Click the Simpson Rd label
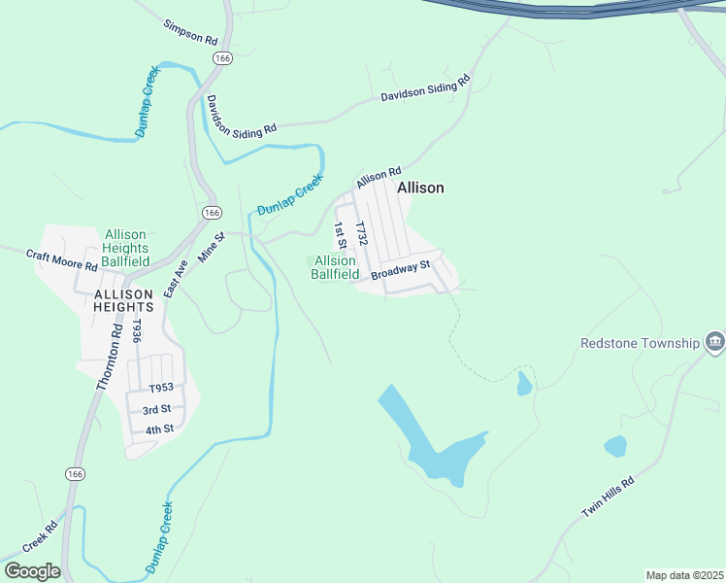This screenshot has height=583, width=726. click(191, 33)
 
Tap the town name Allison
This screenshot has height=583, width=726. click(420, 188)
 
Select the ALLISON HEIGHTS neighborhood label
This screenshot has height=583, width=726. click(123, 300)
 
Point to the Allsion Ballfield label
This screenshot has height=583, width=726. click(335, 267)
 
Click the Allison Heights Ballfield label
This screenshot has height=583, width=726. click(126, 249)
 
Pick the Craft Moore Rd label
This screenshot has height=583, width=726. click(62, 259)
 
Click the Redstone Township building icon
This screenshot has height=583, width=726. click(715, 342)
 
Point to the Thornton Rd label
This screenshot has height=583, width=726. click(109, 357)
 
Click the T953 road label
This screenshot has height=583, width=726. click(160, 388)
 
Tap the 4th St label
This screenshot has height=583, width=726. click(158, 429)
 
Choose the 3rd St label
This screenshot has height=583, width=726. click(157, 409)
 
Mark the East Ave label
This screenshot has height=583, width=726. click(175, 278)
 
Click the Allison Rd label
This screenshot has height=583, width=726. click(379, 177)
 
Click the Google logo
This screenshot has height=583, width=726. click(32, 571)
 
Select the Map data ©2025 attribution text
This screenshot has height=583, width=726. click(684, 575)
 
